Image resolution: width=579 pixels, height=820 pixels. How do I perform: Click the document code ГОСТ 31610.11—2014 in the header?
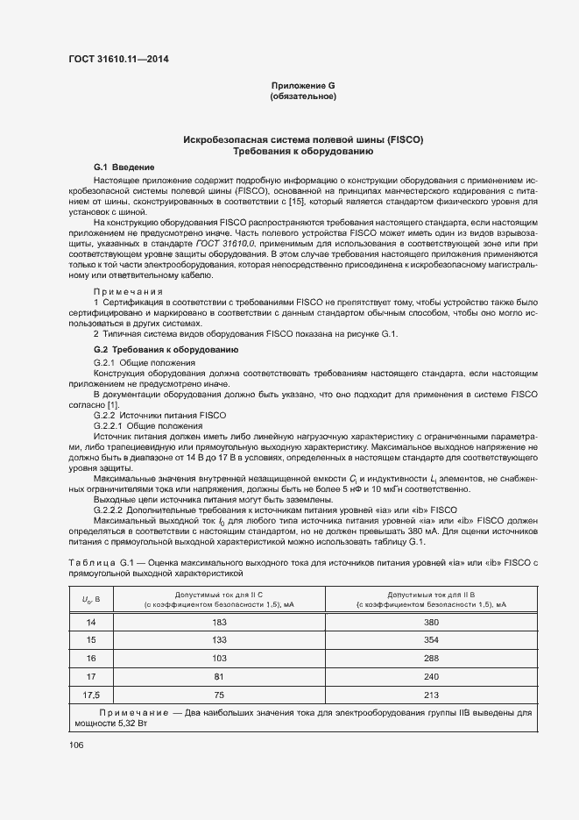point(118,60)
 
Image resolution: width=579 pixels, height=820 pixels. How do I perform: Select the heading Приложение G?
point(303,85)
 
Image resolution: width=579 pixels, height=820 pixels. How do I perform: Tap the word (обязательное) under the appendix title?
point(303,96)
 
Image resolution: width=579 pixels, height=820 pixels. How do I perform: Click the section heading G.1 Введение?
point(124,167)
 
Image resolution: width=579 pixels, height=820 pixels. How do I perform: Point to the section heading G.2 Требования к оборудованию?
point(166,350)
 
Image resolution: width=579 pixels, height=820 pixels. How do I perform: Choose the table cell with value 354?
point(430,640)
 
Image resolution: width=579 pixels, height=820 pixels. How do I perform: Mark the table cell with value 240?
point(430,676)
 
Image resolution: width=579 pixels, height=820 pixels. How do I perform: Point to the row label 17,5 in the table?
point(89,695)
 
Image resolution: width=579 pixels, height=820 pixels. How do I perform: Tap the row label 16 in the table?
point(89,658)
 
